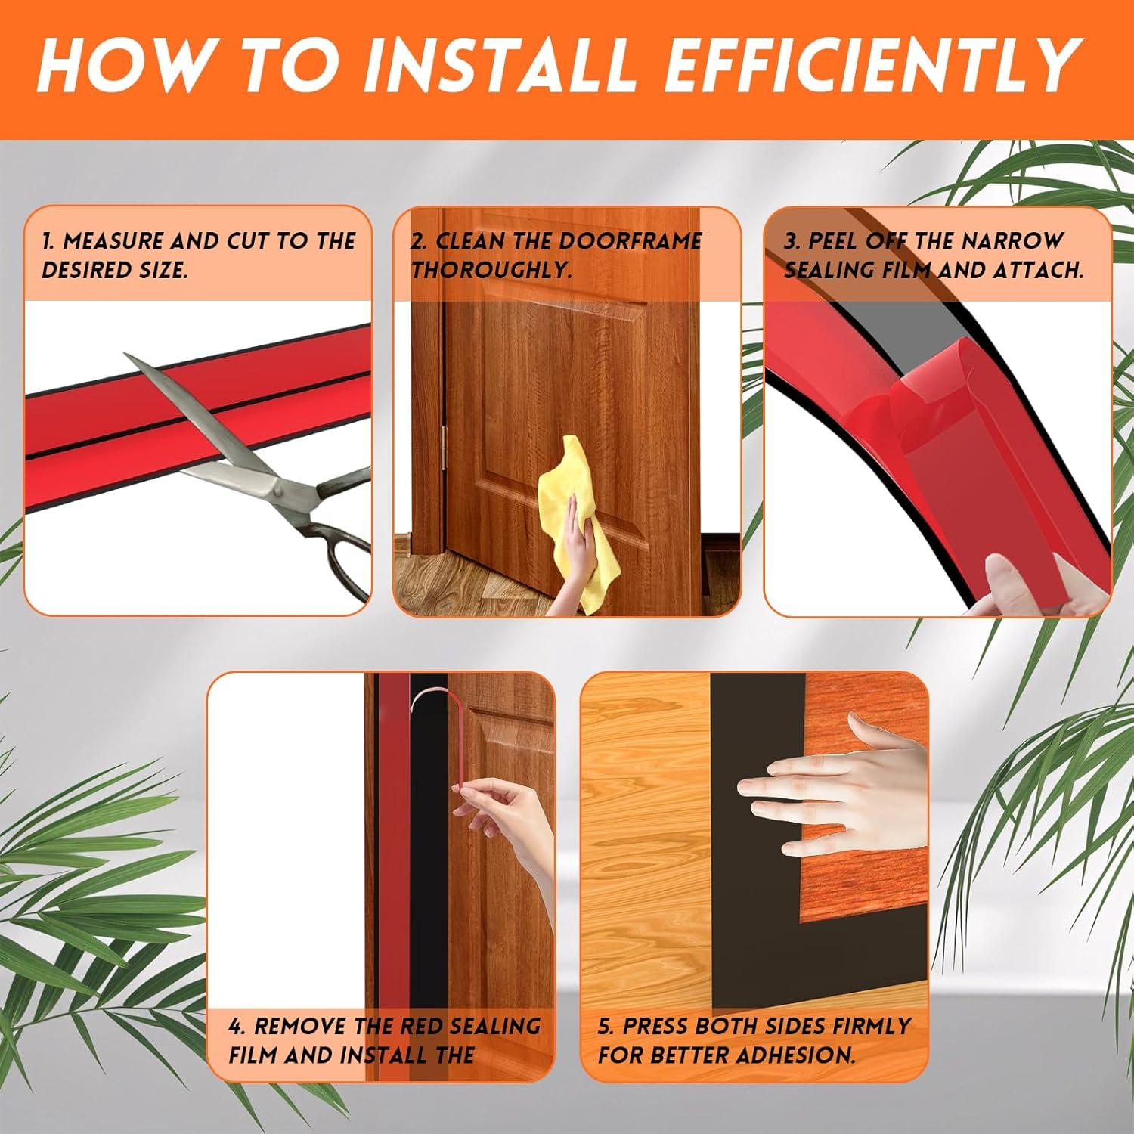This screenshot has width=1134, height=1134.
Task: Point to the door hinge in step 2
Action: coord(444,444)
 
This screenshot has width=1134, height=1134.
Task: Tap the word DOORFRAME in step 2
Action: coord(631,241)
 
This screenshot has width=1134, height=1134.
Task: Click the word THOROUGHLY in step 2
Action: coord(491,270)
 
